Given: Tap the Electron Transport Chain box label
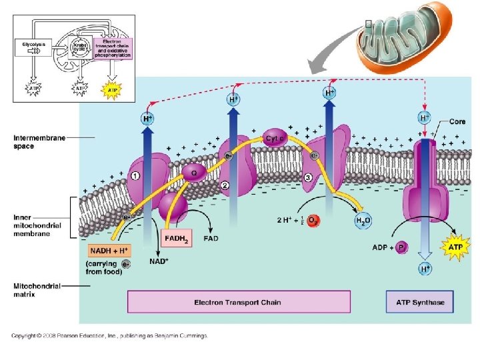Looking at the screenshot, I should (237, 302).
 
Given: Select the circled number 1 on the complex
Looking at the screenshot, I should (135, 176).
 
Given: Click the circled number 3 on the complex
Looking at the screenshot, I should (308, 177).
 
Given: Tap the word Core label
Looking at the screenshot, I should (457, 122).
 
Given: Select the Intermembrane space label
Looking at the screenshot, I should (39, 142).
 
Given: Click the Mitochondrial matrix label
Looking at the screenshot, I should (37, 289).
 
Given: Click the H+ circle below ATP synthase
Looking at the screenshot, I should (425, 269).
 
